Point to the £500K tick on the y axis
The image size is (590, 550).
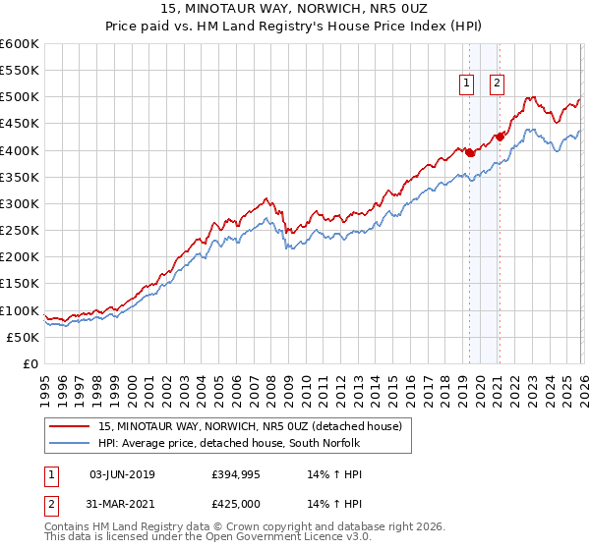coord(20,97)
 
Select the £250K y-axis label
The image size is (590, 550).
coord(20,231)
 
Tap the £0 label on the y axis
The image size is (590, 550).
coord(29,363)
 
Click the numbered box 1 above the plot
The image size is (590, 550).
coord(465,83)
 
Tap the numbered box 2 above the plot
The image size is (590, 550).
coord(497,83)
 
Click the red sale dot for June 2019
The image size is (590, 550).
coord(469,153)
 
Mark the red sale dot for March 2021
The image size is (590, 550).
coord(500,137)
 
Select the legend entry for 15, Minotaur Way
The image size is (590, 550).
coord(251,426)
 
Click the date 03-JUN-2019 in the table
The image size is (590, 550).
coord(114,474)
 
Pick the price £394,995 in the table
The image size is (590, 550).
coord(233,474)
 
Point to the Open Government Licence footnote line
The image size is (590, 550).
coord(208,537)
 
